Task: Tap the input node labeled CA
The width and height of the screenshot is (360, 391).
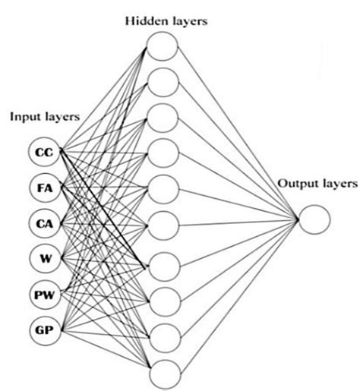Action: click(x=43, y=222)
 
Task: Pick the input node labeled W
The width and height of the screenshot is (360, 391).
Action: click(x=43, y=257)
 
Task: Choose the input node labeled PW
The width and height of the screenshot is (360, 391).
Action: click(x=43, y=293)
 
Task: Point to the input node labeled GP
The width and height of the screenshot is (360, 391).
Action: click(x=43, y=329)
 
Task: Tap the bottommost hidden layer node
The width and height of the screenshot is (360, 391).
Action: click(x=162, y=373)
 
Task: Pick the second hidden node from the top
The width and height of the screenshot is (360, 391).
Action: click(x=162, y=81)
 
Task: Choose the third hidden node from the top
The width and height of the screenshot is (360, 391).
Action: click(x=162, y=118)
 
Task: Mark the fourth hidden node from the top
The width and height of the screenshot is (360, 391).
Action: click(x=162, y=154)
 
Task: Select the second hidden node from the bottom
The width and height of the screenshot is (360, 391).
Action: click(x=162, y=336)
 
